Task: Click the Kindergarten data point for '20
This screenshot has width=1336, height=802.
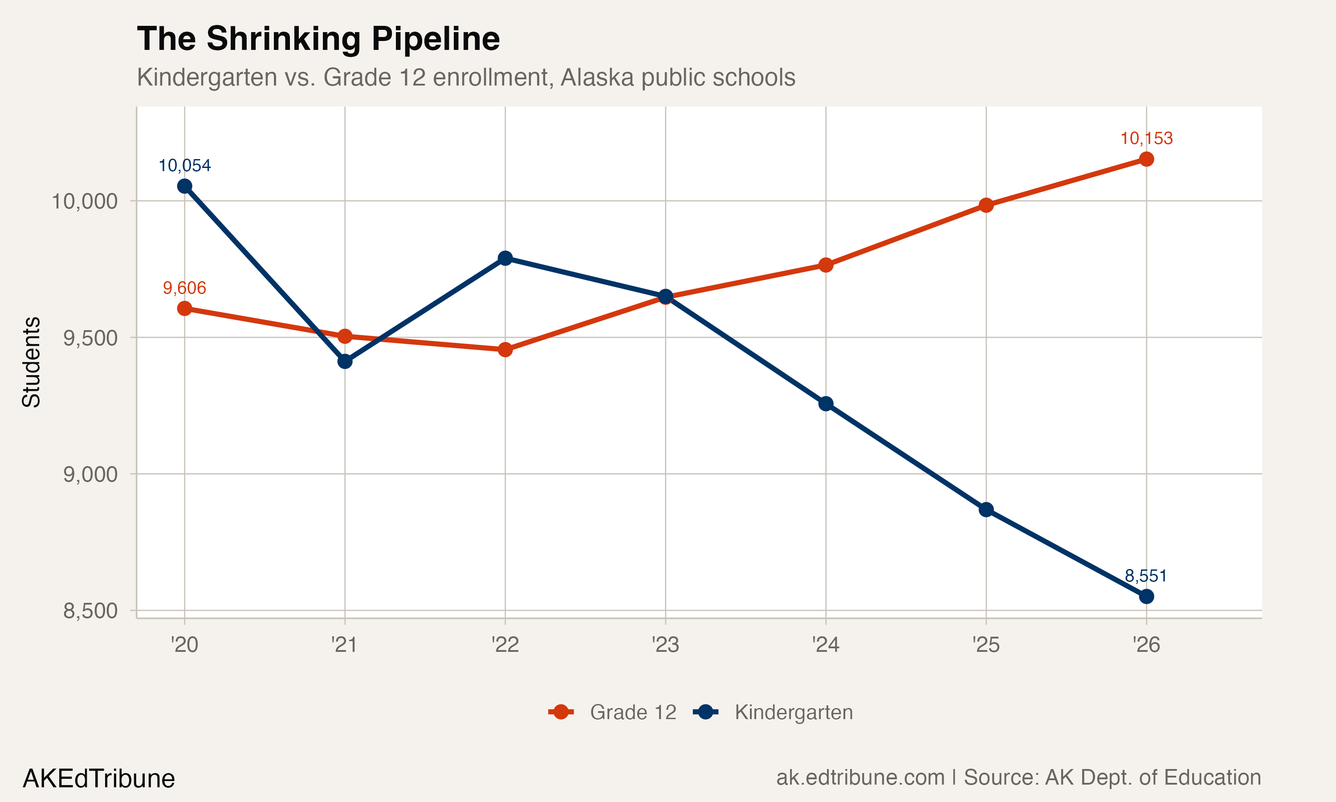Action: coord(185,186)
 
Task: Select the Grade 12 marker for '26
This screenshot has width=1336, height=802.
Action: coord(1146,159)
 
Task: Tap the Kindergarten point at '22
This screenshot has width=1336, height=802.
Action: coord(505,258)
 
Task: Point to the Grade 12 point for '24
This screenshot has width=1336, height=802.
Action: coord(826,265)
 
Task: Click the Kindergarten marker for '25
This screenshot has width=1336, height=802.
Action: coord(986,510)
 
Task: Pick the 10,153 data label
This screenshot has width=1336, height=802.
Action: coord(1146,139)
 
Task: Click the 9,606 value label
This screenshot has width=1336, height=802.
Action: coord(185,288)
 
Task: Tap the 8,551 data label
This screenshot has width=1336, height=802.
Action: coord(1146,576)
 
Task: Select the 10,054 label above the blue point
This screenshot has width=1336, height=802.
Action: coord(185,165)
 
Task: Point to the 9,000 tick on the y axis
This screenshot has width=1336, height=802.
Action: coord(90,475)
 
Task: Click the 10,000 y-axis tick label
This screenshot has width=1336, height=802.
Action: coord(84,201)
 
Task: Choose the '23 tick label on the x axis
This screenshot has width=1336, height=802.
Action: coord(665,645)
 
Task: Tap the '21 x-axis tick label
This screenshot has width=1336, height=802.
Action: coord(345,645)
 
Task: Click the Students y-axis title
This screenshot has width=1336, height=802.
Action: coord(31,362)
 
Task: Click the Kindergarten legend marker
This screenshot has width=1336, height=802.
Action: coord(705,712)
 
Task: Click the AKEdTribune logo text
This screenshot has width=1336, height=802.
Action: coord(99,779)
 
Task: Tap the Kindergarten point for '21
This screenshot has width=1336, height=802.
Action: coord(345,361)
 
